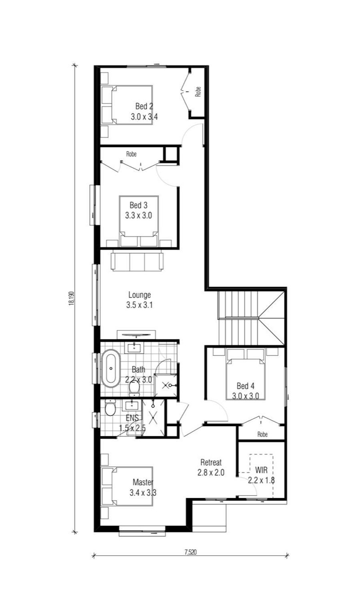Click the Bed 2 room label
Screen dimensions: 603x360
click(144, 106)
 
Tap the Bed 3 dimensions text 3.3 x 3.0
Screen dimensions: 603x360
click(138, 215)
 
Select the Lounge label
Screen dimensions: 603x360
click(140, 295)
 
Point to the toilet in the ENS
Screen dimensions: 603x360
click(110, 409)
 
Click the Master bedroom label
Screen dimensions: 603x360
click(143, 482)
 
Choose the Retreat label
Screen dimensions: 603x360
click(211, 463)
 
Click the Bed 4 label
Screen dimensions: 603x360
click(246, 386)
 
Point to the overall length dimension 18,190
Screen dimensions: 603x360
click(72, 299)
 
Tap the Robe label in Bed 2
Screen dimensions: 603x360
click(198, 92)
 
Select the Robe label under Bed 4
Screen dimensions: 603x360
click(262, 434)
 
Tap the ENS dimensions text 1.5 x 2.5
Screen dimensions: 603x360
click(132, 428)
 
